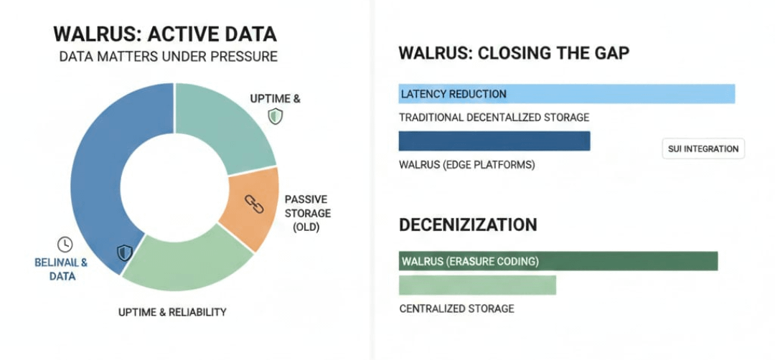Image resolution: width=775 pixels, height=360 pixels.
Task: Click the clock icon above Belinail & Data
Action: click(x=64, y=244)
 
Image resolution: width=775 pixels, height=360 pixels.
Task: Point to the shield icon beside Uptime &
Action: click(x=275, y=116)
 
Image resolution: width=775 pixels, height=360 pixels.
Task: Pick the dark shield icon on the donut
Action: click(x=125, y=252)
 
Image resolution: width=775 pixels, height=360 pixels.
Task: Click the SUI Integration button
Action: click(x=703, y=149)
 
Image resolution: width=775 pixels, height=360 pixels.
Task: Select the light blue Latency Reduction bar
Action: click(x=566, y=94)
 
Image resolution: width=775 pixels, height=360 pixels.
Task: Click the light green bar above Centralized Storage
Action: click(x=477, y=285)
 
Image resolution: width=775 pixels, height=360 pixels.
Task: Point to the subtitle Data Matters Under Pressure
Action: click(x=169, y=56)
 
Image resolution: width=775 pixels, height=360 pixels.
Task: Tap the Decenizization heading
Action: click(x=467, y=224)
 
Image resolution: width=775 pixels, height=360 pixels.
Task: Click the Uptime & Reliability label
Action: click(x=172, y=312)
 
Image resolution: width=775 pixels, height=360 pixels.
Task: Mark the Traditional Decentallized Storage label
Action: click(x=494, y=117)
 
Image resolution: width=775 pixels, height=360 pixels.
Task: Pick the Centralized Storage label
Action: click(x=456, y=308)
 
